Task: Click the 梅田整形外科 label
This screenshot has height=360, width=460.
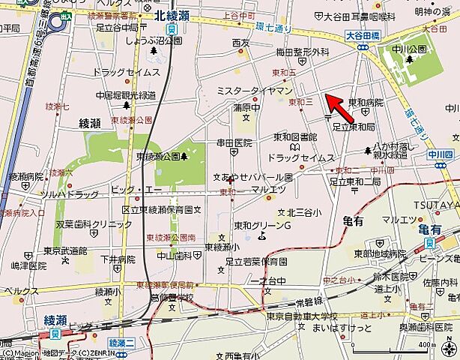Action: click(302, 52)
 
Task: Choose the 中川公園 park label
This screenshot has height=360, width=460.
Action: click(409, 49)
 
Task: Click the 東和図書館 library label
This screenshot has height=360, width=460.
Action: click(294, 137)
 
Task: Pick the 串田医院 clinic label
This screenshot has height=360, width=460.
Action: click(234, 142)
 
